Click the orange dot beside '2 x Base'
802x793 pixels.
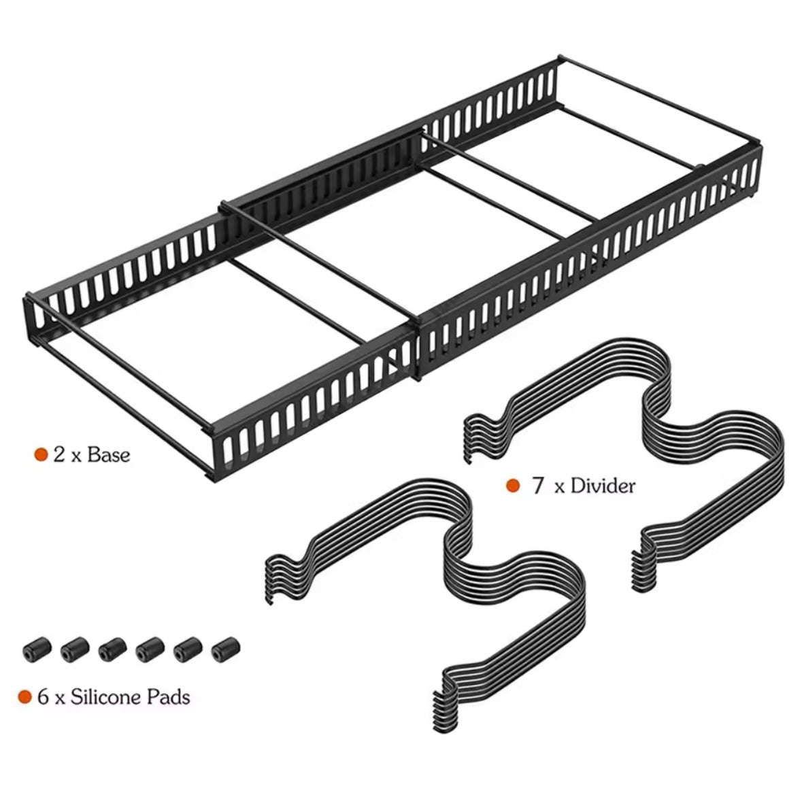point(41,454)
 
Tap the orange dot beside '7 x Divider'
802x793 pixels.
point(512,485)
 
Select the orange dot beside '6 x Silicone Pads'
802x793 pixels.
point(25,697)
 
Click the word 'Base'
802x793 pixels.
point(108,454)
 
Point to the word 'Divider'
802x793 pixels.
point(603,485)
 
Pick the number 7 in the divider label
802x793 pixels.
point(537,485)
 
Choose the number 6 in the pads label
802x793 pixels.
point(44,697)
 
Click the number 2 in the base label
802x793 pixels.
point(59,454)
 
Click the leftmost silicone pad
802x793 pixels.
point(37,650)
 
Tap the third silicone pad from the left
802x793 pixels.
point(112,650)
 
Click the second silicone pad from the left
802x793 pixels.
point(75,650)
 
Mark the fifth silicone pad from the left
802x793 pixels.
point(188,650)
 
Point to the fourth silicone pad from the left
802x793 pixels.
point(150,650)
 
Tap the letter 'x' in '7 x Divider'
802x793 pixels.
point(559,487)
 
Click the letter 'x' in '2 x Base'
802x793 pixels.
point(76,456)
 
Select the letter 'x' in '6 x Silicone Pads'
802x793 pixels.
point(60,699)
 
